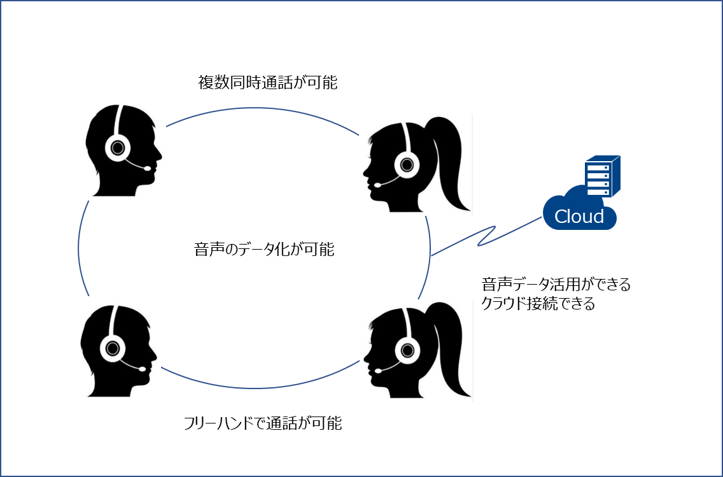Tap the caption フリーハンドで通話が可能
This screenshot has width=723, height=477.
click(262, 423)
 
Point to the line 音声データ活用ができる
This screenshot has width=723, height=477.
click(556, 285)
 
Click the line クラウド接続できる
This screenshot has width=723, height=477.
click(538, 304)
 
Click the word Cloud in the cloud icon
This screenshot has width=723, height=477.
click(579, 217)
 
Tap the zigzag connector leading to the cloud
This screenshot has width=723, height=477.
click(487, 234)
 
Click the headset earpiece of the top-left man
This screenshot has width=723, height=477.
click(118, 148)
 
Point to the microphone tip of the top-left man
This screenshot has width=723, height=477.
click(148, 169)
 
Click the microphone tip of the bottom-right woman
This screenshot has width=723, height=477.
click(377, 370)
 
